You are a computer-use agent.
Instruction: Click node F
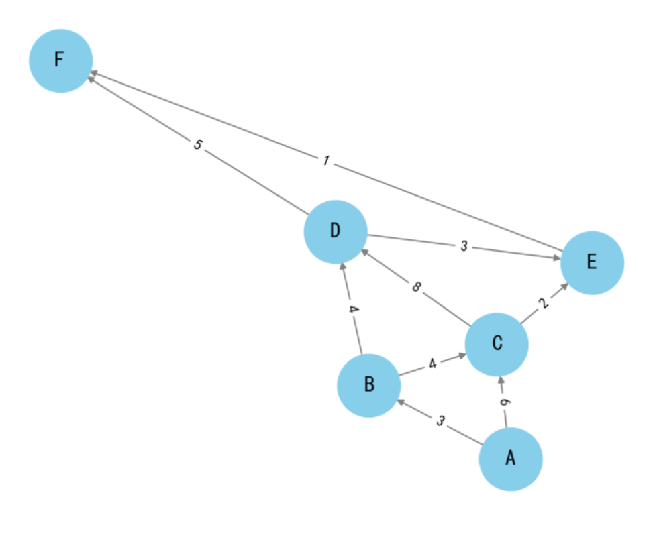(x=60, y=60)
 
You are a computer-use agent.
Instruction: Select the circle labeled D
(x=336, y=231)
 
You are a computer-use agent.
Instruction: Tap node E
(x=592, y=262)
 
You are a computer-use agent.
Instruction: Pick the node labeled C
(x=497, y=344)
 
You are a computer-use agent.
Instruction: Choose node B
(x=368, y=385)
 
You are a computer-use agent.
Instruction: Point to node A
(x=510, y=459)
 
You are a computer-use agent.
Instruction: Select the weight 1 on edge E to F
(x=325, y=161)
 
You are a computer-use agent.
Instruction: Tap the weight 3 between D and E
(x=464, y=246)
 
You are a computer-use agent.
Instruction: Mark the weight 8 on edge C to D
(x=416, y=288)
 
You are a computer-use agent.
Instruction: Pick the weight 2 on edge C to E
(x=544, y=303)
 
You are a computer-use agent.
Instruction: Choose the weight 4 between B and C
(x=433, y=364)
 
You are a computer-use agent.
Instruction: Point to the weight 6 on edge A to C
(x=504, y=402)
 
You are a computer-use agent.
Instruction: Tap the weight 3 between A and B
(x=440, y=421)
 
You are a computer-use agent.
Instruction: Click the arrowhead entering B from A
(x=400, y=402)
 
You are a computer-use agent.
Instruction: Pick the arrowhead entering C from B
(x=462, y=355)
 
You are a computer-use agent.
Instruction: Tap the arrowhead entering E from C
(x=565, y=286)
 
